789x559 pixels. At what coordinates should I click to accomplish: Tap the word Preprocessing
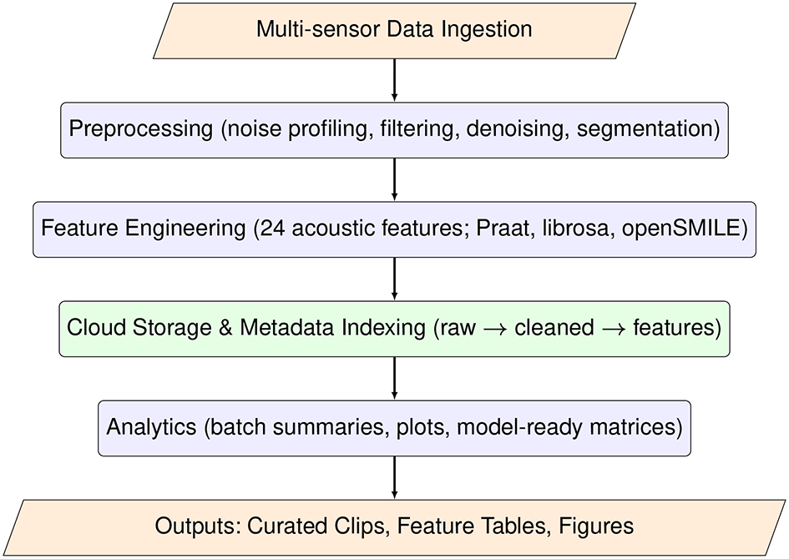coord(141,129)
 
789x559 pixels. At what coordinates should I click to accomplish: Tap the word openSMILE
coord(692,229)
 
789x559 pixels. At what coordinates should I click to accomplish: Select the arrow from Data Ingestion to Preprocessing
coord(394,79)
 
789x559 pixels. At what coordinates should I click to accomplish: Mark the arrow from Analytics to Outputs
coord(394,477)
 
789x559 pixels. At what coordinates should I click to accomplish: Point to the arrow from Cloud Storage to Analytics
coord(394,378)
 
